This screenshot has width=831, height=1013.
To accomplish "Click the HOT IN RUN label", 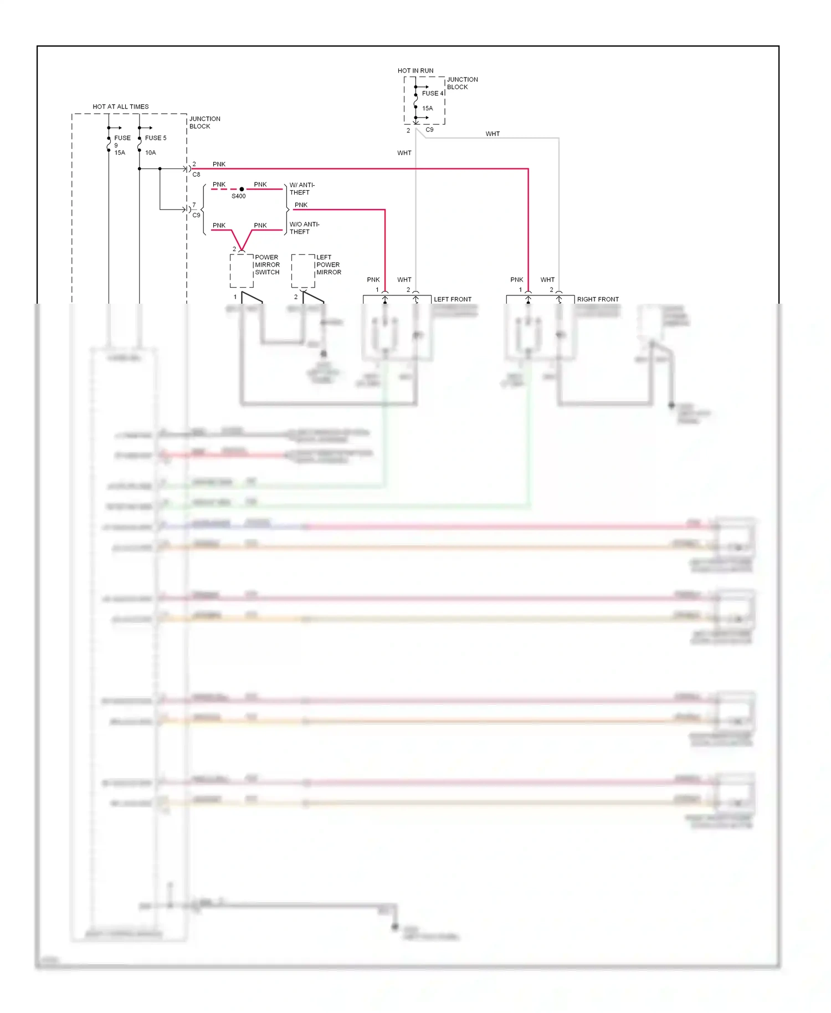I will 415,70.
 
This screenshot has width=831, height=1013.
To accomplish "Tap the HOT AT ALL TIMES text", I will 120,106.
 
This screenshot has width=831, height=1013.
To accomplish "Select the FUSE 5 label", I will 155,138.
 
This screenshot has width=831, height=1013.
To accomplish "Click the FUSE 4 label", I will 432,93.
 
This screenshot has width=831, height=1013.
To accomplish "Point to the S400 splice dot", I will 242,189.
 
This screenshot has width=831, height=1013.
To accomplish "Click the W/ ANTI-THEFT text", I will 301,188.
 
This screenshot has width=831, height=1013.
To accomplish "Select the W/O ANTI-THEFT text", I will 304,228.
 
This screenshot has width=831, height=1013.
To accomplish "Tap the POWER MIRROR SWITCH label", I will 267,265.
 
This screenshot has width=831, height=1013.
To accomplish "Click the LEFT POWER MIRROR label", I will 328,265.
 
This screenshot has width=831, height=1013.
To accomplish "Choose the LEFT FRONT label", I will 452,299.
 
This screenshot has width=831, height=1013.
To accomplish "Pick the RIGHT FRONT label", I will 597,299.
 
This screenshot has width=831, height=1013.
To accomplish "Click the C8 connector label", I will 196,175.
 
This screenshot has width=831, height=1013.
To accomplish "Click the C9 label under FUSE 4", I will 429,130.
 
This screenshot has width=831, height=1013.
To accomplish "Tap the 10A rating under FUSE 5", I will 151,152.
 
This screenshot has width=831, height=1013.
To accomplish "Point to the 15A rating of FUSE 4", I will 427,109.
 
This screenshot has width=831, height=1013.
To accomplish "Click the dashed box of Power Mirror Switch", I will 242,271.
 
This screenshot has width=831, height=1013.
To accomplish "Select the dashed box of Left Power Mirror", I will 303,271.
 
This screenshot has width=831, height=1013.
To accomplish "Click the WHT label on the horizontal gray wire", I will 492,134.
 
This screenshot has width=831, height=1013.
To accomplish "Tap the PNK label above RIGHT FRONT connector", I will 516,280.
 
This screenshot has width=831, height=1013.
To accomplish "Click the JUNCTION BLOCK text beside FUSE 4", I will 462,83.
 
